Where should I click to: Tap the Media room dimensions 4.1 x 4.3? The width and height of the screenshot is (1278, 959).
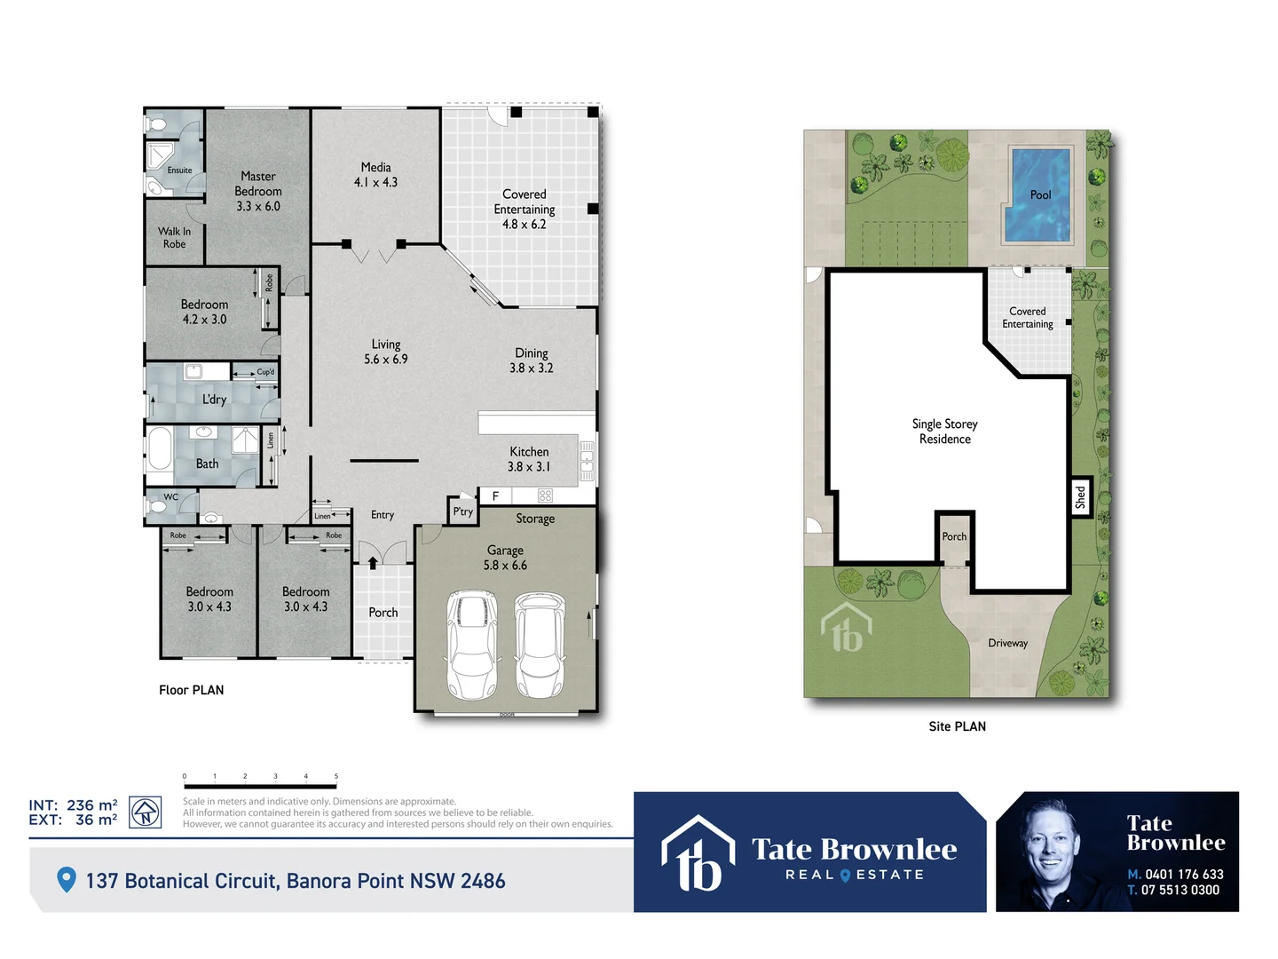click(x=375, y=182)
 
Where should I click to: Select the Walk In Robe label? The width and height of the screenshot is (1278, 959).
click(x=175, y=238)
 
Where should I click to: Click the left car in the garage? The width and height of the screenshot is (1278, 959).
click(x=471, y=646)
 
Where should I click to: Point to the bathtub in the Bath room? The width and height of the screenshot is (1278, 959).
click(x=160, y=449)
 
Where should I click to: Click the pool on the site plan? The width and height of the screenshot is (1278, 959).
click(x=1037, y=195)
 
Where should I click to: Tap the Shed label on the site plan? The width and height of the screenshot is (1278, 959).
click(x=1080, y=497)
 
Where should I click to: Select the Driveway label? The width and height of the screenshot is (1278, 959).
click(x=1007, y=643)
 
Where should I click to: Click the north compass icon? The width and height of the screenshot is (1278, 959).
click(x=146, y=812)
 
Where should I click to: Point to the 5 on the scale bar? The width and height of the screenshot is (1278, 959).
click(x=335, y=776)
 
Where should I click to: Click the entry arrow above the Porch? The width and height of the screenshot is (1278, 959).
click(x=373, y=562)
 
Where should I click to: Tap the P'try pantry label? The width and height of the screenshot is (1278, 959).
click(x=463, y=511)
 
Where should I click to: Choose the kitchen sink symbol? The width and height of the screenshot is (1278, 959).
click(x=587, y=461)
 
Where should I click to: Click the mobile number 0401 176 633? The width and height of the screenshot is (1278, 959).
click(x=1184, y=875)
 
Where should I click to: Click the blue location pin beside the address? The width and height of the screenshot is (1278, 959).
click(x=66, y=880)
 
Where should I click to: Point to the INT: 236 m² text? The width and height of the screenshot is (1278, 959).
click(x=73, y=805)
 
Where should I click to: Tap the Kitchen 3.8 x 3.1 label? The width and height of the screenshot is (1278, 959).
click(x=529, y=459)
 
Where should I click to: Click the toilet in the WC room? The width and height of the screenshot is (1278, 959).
click(x=158, y=506)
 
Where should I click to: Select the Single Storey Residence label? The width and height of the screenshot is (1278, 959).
click(x=944, y=432)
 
